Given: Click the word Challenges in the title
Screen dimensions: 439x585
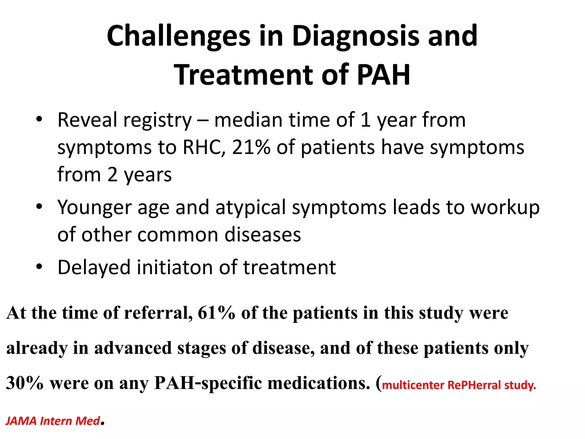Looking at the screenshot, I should point(179,36).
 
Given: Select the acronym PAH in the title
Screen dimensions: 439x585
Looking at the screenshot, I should point(383,75).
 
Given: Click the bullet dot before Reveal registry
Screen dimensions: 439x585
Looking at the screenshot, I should point(39,119).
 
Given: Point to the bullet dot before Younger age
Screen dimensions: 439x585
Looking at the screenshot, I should point(39,206).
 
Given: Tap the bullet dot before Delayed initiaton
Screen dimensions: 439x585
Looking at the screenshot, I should point(39,267).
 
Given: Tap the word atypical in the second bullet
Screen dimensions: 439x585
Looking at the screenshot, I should point(251,208).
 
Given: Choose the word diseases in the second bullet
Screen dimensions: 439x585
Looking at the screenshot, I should point(263,235).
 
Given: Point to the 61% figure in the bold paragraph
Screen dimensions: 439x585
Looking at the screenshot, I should point(216,313).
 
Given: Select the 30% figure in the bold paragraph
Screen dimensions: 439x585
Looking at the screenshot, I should point(25,383).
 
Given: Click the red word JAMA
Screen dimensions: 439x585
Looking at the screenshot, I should point(21,421).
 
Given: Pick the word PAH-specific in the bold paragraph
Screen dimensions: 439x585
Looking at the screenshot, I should point(208,383).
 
